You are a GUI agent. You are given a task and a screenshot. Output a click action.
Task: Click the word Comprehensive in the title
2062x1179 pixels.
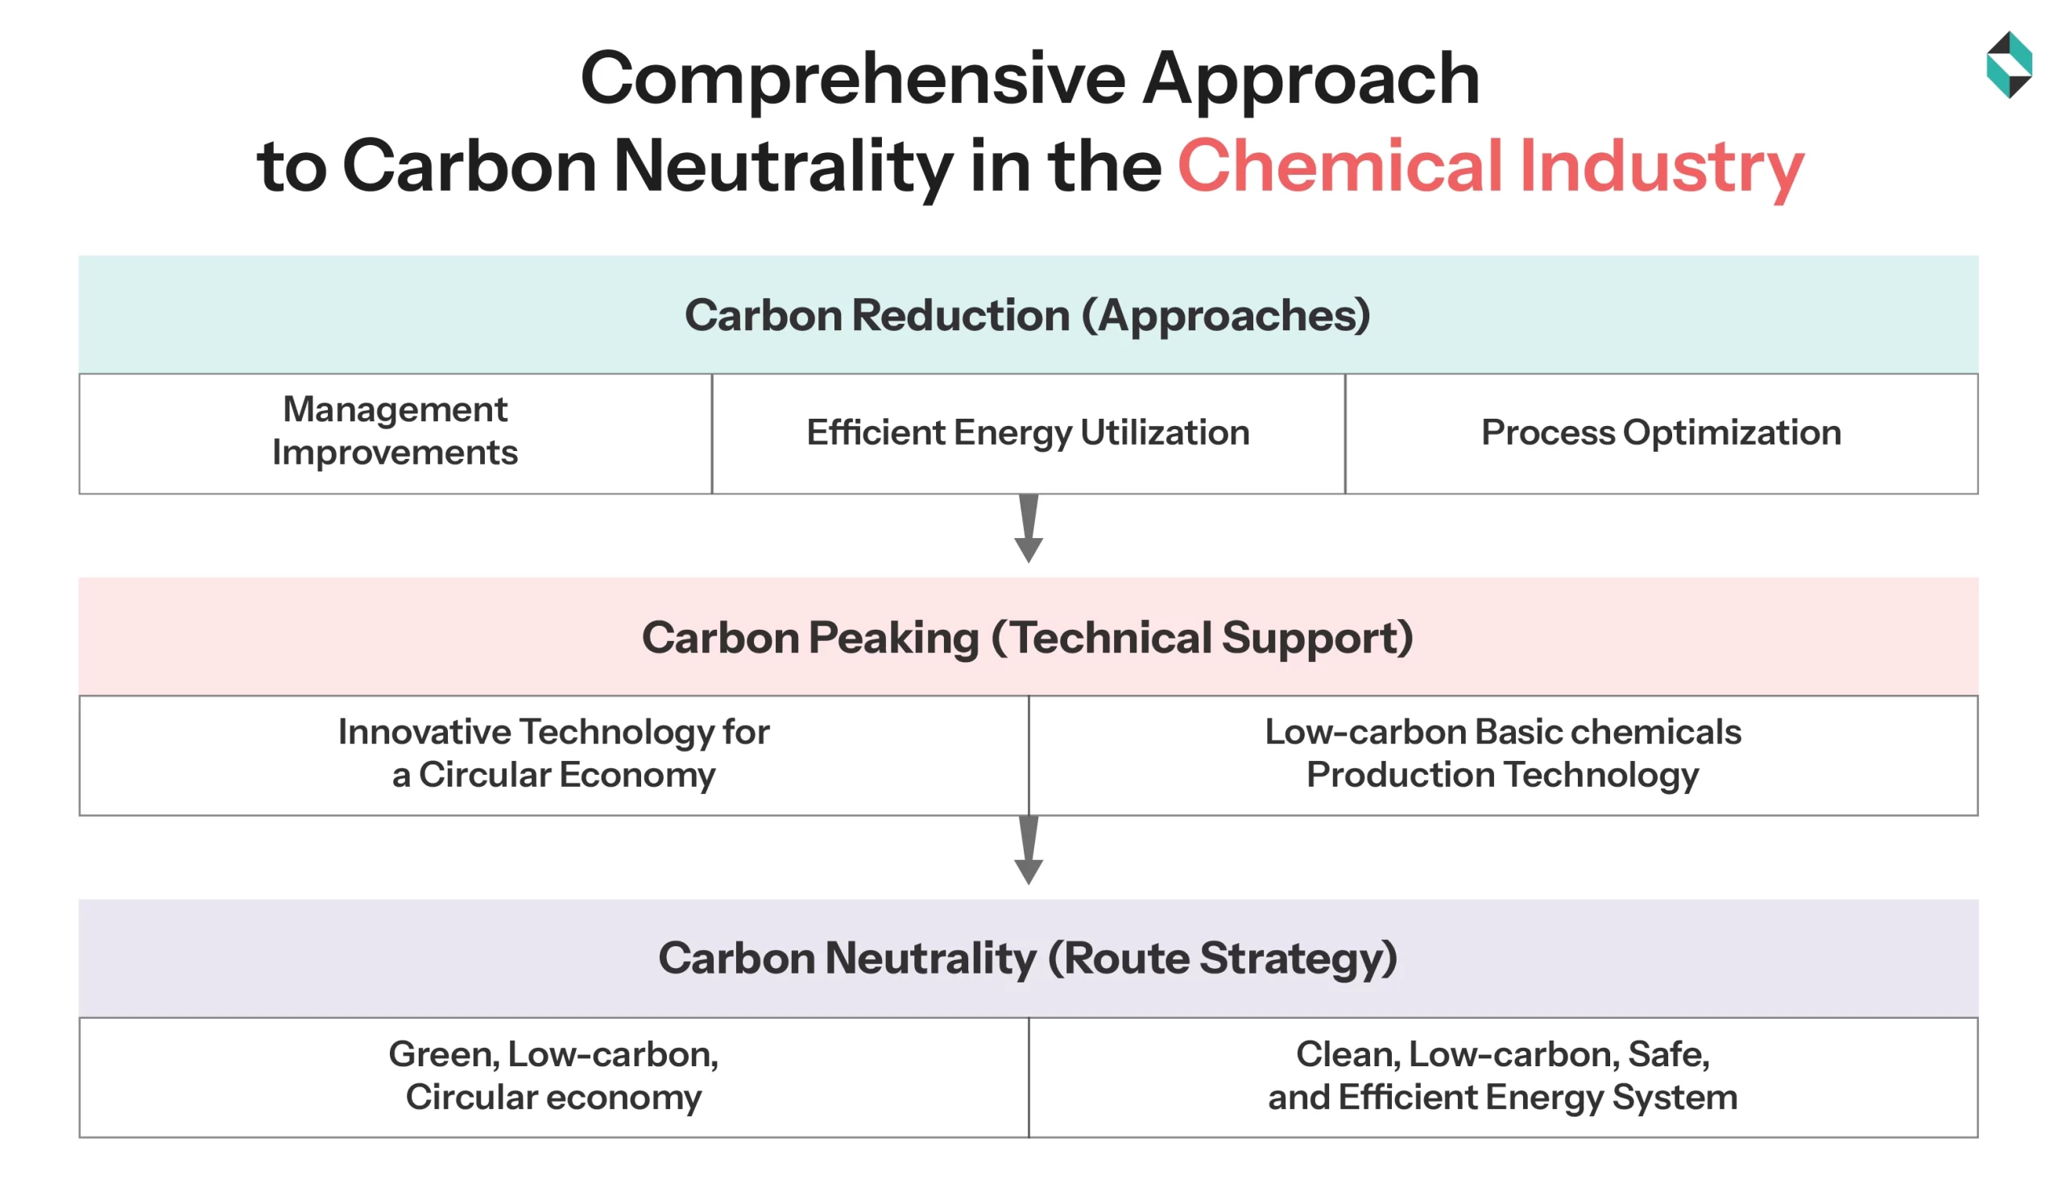852,79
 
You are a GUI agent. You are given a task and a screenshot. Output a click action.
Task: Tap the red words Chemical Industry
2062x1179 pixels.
1489,166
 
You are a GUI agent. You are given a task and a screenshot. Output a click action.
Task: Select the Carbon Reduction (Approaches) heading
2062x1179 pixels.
1027,315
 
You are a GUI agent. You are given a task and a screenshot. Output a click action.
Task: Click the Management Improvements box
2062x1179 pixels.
395,432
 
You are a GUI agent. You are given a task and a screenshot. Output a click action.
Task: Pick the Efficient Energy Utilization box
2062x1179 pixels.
1028,432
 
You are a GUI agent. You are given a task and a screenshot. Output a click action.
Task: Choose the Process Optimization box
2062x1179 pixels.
1660,432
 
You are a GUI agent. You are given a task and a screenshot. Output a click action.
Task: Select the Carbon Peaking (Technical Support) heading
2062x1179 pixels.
1027,637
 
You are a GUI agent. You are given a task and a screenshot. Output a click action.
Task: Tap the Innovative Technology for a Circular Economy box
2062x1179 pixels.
553,754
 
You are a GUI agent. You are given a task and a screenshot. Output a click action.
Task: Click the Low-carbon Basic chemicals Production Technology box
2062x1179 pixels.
1502,754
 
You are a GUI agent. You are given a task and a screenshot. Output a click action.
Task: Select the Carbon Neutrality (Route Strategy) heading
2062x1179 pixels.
1027,958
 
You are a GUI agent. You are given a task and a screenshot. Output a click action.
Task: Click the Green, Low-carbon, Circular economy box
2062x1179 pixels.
553,1076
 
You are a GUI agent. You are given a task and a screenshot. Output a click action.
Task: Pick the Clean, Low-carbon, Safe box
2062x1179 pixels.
1502,1076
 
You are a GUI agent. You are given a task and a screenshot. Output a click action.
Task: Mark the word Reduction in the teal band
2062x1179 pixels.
961,315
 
